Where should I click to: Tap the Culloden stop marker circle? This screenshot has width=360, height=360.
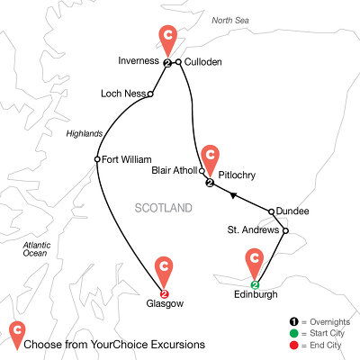tap(179, 62)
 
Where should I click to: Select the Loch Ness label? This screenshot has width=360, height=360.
tap(124, 92)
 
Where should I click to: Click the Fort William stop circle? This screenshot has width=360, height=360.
tap(97, 160)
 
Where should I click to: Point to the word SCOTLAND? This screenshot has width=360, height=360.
tap(164, 208)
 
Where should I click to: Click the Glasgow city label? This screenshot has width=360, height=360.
tap(163, 304)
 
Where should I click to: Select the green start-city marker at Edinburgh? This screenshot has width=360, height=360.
tap(255, 285)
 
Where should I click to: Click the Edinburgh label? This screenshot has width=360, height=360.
tap(255, 298)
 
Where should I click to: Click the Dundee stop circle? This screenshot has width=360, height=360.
tap(272, 211)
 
